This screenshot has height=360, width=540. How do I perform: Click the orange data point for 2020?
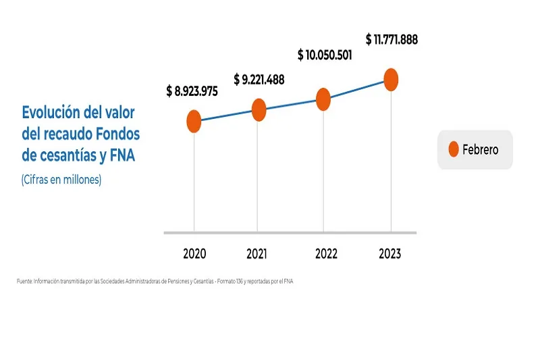(194, 122)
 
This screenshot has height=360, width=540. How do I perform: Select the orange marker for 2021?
(259, 109)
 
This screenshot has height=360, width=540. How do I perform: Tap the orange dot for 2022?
(323, 99)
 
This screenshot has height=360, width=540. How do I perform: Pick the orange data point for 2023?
(390, 79)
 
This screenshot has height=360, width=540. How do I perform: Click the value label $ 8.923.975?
(192, 92)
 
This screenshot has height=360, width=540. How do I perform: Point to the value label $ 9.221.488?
(259, 80)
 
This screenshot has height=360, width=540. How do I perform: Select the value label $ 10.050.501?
(325, 55)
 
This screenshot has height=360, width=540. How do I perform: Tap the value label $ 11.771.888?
(391, 39)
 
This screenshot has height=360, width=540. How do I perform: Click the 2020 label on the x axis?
(194, 254)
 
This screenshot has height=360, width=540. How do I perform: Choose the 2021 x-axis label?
(256, 254)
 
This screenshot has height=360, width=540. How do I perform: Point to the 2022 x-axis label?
(326, 254)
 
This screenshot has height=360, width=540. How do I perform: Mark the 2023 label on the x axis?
(389, 254)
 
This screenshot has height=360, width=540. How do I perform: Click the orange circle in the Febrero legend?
(453, 149)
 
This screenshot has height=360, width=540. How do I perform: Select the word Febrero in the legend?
(481, 150)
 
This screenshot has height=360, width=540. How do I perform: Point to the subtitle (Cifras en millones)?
(61, 180)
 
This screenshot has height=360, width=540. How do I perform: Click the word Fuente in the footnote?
(24, 280)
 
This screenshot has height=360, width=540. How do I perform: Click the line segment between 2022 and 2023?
(357, 89)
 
